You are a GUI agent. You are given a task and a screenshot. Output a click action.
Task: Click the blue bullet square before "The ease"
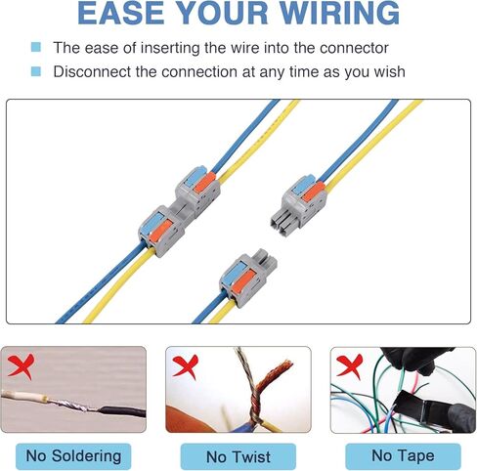click(36, 47)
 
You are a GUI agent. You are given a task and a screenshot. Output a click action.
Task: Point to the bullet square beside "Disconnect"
click(36, 71)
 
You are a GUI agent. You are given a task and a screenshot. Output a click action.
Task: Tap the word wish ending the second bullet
click(385, 71)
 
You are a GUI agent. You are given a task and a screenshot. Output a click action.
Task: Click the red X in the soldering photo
click(20, 367)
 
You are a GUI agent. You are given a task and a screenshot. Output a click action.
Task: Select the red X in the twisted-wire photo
click(185, 366)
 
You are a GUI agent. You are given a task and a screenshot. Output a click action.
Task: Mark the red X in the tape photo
click(349, 365)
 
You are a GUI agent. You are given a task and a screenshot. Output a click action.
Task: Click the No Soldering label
click(74, 455)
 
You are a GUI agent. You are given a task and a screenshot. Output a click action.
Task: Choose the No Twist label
click(238, 456)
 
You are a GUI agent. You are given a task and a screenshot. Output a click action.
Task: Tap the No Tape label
click(403, 455)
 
